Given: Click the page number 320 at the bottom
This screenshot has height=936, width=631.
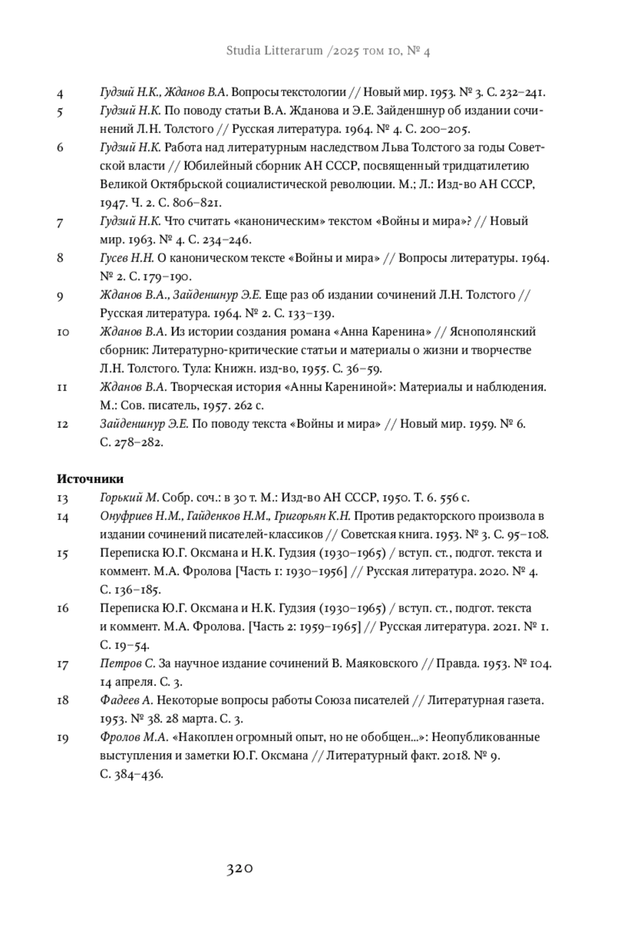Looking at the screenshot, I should [x=240, y=868].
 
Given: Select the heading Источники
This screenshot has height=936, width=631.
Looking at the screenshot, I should [x=90, y=479].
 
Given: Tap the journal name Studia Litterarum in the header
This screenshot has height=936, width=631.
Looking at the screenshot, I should [x=274, y=51].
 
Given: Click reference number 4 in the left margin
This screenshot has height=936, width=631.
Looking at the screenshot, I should [x=60, y=94].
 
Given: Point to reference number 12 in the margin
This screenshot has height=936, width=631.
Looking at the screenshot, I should [x=63, y=424].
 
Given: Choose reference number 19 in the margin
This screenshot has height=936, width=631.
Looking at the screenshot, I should [x=63, y=738].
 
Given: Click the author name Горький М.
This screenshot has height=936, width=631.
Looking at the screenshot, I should [x=129, y=497].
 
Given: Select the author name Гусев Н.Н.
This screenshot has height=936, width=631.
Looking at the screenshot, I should [x=126, y=258].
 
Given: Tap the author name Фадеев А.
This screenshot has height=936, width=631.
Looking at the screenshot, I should [x=126, y=700].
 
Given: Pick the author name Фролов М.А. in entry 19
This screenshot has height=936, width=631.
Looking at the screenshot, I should [x=134, y=737].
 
